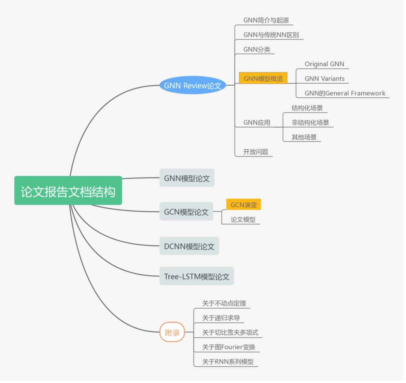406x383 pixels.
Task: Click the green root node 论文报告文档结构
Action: tap(68, 191)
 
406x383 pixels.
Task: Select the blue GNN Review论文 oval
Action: tap(192, 85)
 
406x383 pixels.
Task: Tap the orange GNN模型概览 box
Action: tap(263, 78)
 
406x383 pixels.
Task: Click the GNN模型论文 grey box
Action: tap(187, 178)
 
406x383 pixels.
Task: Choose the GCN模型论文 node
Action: tap(186, 211)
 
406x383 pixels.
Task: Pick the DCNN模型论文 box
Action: tap(189, 246)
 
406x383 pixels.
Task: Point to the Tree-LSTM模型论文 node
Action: tap(197, 276)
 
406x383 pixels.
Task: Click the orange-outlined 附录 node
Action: tap(172, 332)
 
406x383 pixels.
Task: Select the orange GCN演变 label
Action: tap(243, 205)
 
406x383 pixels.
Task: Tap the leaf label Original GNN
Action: tap(324, 64)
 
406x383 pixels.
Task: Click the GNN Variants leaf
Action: tap(324, 78)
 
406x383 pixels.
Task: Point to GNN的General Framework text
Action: tap(345, 93)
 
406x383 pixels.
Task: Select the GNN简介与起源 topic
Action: tap(266, 20)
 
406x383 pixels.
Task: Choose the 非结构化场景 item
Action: tap(310, 122)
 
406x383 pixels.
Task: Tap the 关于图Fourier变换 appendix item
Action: tap(229, 347)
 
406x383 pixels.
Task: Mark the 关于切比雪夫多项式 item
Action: tap(230, 332)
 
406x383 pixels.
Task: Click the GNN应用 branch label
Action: tap(257, 122)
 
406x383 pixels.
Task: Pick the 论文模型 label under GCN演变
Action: tap(243, 219)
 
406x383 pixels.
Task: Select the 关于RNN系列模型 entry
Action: tap(228, 362)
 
